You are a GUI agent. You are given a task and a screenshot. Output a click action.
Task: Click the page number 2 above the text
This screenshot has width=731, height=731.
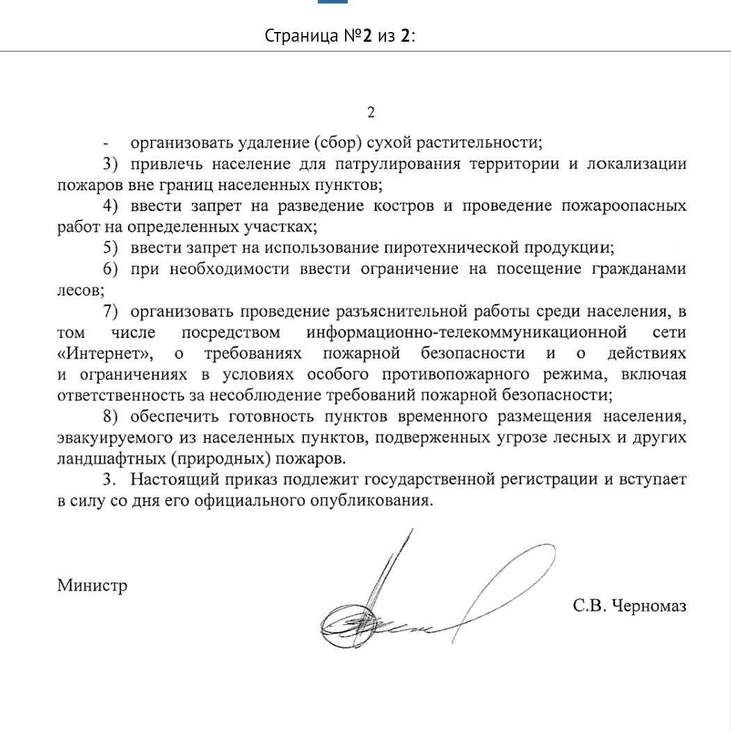[371, 113]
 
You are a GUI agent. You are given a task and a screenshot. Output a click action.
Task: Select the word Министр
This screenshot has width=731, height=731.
[92, 585]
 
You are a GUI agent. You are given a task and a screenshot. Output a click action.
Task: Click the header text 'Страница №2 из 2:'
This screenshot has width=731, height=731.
[340, 36]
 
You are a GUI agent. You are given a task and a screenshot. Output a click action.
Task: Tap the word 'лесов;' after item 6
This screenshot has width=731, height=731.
[80, 289]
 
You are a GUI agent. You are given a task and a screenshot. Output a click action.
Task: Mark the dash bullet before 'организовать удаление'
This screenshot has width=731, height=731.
[105, 144]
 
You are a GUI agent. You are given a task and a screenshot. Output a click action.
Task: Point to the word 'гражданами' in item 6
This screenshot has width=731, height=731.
[643, 269]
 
